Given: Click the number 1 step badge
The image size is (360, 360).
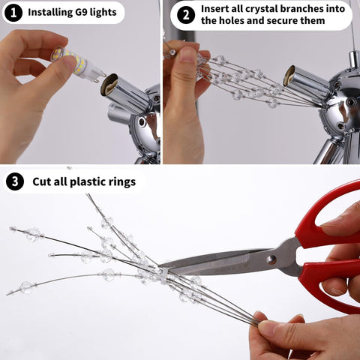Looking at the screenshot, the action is [x=13, y=13].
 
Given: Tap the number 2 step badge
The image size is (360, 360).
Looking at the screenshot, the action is [x=186, y=15].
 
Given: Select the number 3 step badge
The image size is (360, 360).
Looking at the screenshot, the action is [x=15, y=181].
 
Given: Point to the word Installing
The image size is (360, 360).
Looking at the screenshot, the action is [x=49, y=13].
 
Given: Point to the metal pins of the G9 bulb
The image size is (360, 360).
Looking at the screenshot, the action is [x=101, y=75].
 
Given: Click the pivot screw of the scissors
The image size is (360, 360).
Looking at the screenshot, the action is [x=271, y=260].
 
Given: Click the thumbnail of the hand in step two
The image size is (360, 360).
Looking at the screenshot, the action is [x=185, y=54].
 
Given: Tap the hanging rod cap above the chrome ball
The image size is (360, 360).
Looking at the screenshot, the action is [x=354, y=59].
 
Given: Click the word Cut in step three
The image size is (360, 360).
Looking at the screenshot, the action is [x=41, y=182].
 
